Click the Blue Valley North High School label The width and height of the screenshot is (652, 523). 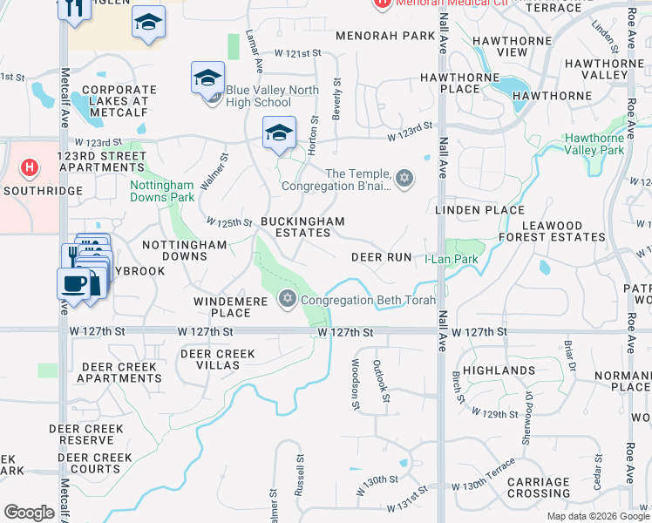click(x=258, y=96)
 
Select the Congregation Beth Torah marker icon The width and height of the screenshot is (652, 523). click(x=288, y=300)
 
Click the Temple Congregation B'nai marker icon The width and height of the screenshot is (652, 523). click(x=403, y=179)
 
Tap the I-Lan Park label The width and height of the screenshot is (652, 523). click(x=452, y=259)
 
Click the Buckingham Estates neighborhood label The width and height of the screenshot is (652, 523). click(x=302, y=228)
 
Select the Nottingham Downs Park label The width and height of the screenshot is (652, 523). click(x=161, y=191)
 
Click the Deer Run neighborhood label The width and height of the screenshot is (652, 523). click(x=381, y=257)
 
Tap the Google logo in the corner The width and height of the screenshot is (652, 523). click(x=29, y=513)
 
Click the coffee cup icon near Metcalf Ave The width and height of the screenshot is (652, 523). click(x=73, y=283)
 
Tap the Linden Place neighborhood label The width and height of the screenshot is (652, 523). click(x=479, y=210)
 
